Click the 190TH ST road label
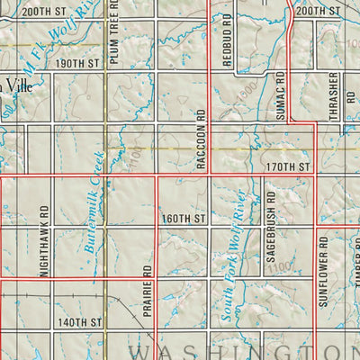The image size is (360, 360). point(76,64)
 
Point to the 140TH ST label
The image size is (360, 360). point(76,321)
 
